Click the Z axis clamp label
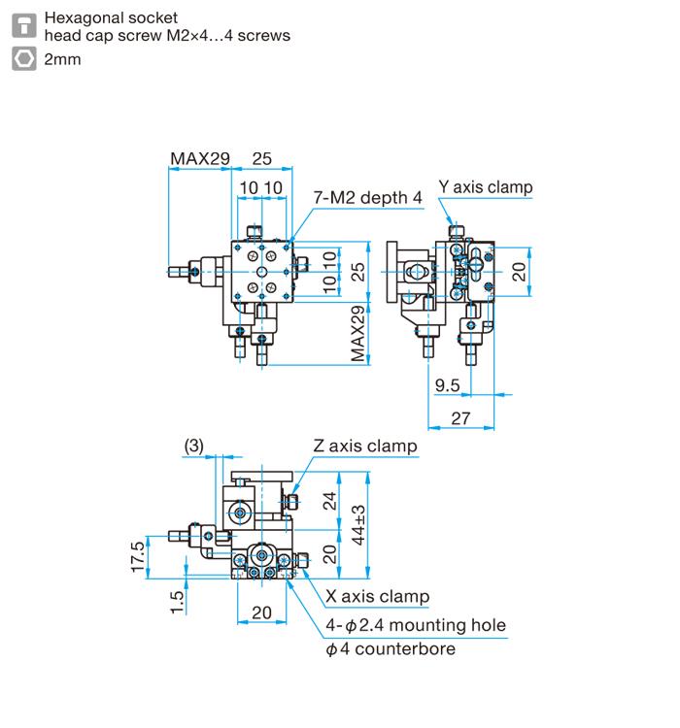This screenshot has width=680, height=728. tap(364, 447)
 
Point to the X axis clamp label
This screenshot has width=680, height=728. tap(376, 597)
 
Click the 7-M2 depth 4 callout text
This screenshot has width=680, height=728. tap(367, 198)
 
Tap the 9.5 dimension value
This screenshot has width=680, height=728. tap(448, 386)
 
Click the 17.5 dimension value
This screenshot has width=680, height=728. tap(138, 558)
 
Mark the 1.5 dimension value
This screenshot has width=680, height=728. tap(176, 600)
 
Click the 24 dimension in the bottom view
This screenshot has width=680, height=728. tap(329, 501)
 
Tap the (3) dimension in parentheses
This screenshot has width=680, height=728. tap(194, 446)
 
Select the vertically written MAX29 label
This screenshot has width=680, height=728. tap(358, 333)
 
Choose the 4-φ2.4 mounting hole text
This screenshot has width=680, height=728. tap(416, 624)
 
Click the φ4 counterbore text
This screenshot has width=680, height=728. tap(390, 648)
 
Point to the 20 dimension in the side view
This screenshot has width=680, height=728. tap(520, 271)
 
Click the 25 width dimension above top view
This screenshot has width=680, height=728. tap(262, 158)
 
